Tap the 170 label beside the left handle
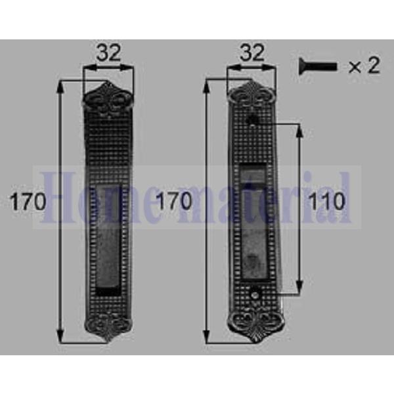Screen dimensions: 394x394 (28, 202)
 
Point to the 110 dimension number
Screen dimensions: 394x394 (326, 202)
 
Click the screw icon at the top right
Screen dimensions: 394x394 (317, 66)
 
